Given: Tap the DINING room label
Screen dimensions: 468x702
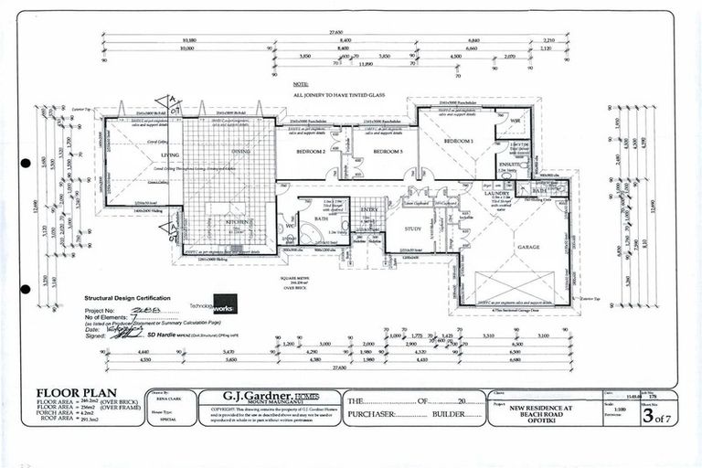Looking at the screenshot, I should pos(239,152).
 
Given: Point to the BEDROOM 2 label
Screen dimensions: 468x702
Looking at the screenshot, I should pos(311,151).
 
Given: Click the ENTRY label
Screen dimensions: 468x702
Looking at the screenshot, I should pos(368,210).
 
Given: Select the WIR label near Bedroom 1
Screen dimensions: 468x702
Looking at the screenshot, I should pos(515,121).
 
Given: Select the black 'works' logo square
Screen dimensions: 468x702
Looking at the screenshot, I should pos(224,303).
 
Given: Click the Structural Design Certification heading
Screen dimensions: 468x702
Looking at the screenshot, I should pos(129,297).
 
